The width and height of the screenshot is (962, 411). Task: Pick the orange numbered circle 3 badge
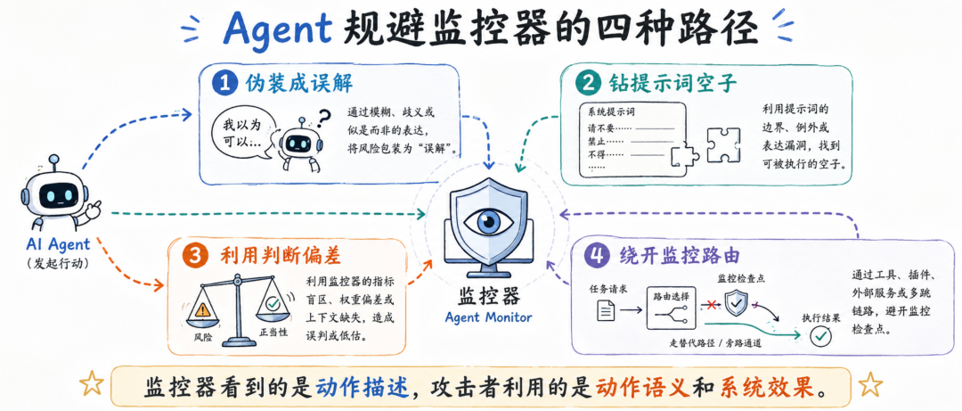(x=195, y=258)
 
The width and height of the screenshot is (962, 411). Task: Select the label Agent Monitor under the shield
(x=489, y=317)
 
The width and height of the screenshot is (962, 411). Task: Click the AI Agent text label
(x=58, y=244)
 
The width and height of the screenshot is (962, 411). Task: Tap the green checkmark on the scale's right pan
(x=273, y=304)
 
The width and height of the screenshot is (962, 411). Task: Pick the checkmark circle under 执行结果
(x=821, y=335)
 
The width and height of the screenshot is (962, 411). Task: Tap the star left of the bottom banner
(x=92, y=384)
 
